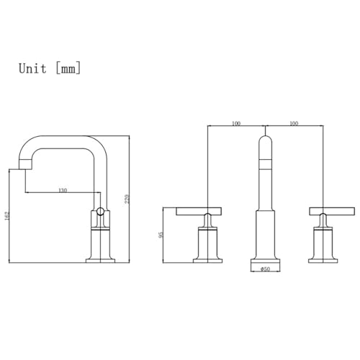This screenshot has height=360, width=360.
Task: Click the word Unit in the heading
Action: point(32,68)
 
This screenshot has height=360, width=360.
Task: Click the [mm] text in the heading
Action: point(68,68)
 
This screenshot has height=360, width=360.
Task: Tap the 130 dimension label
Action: point(63,190)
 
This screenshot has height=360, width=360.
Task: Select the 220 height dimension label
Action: point(127,199)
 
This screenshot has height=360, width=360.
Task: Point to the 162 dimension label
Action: point(6,215)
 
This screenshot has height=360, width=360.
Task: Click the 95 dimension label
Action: point(161,235)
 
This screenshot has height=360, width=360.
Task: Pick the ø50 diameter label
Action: point(265,269)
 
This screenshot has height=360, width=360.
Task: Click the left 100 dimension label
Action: point(236,123)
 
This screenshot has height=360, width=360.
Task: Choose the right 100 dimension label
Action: point(294,123)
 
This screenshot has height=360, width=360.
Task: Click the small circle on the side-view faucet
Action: point(100,212)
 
